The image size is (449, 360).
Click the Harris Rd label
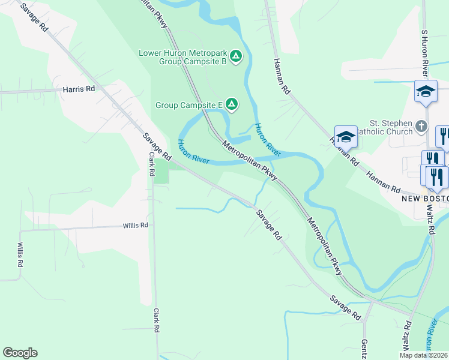click(x=79, y=89)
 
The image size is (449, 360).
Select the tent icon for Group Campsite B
click(x=237, y=57)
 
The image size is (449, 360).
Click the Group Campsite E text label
click(x=189, y=105)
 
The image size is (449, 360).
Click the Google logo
click(x=20, y=353)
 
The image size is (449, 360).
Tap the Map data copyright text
click(x=423, y=355)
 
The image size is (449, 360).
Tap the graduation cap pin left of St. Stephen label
click(x=346, y=137)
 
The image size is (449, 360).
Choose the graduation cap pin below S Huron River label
click(x=426, y=92)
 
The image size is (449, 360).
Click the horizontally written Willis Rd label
click(x=135, y=226)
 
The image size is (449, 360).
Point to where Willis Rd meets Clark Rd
click(x=154, y=226)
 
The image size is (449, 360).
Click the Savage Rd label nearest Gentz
click(x=345, y=307)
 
